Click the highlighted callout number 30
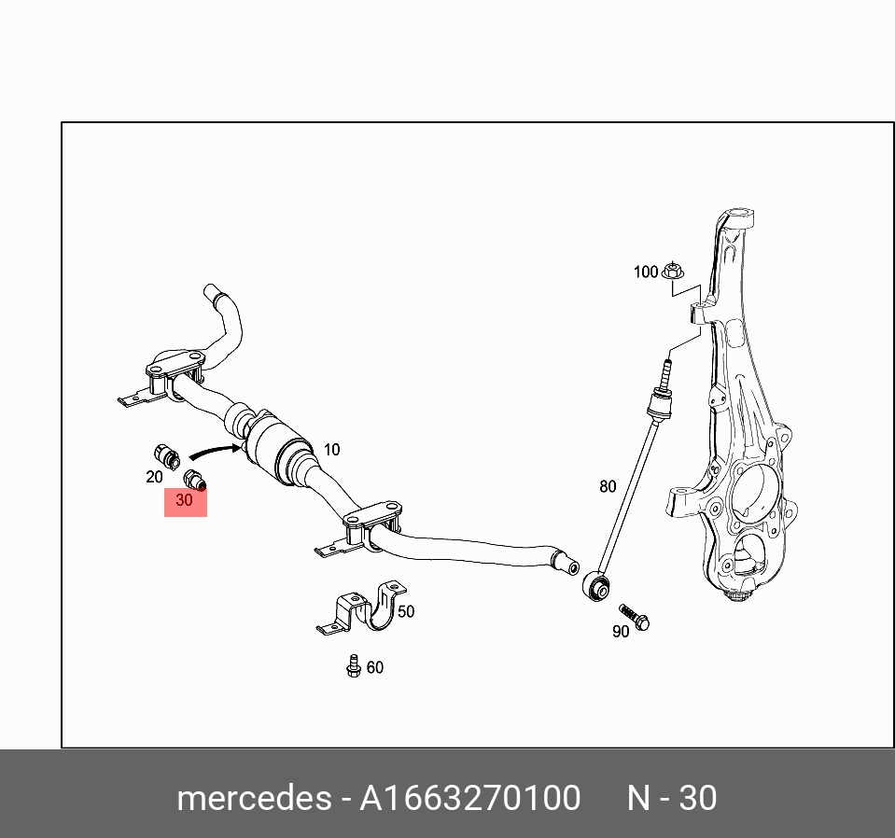(x=185, y=501)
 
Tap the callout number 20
(x=154, y=477)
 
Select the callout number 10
(x=331, y=450)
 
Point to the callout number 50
(x=406, y=612)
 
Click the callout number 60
(x=374, y=667)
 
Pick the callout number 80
(x=608, y=486)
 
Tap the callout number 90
(x=621, y=632)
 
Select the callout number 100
(x=646, y=272)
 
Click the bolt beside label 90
(x=635, y=617)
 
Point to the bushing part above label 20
(x=165, y=456)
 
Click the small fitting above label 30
(x=195, y=481)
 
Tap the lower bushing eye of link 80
(x=596, y=587)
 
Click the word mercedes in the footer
(x=253, y=799)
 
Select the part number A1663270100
(x=470, y=799)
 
